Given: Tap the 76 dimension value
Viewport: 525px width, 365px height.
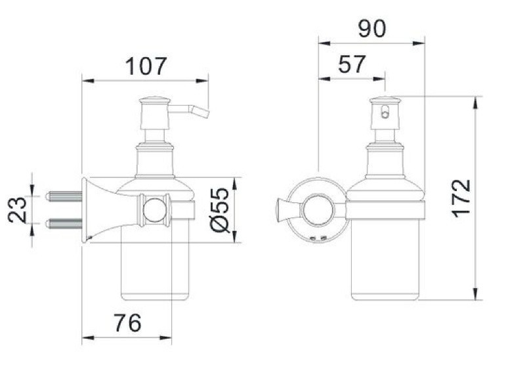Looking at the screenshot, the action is [127, 322].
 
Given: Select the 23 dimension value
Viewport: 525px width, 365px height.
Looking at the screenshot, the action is [17, 210].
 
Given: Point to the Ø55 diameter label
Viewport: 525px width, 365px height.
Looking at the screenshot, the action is [220, 210].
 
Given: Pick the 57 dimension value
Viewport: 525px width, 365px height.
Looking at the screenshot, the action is [352, 64].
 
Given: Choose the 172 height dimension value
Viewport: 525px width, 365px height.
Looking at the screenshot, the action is [461, 198].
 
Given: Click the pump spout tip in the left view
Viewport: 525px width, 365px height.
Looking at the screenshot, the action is [205, 114].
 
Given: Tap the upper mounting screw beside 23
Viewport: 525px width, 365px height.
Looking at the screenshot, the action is [64, 196].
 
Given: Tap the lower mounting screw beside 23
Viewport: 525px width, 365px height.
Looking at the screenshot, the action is [64, 224].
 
